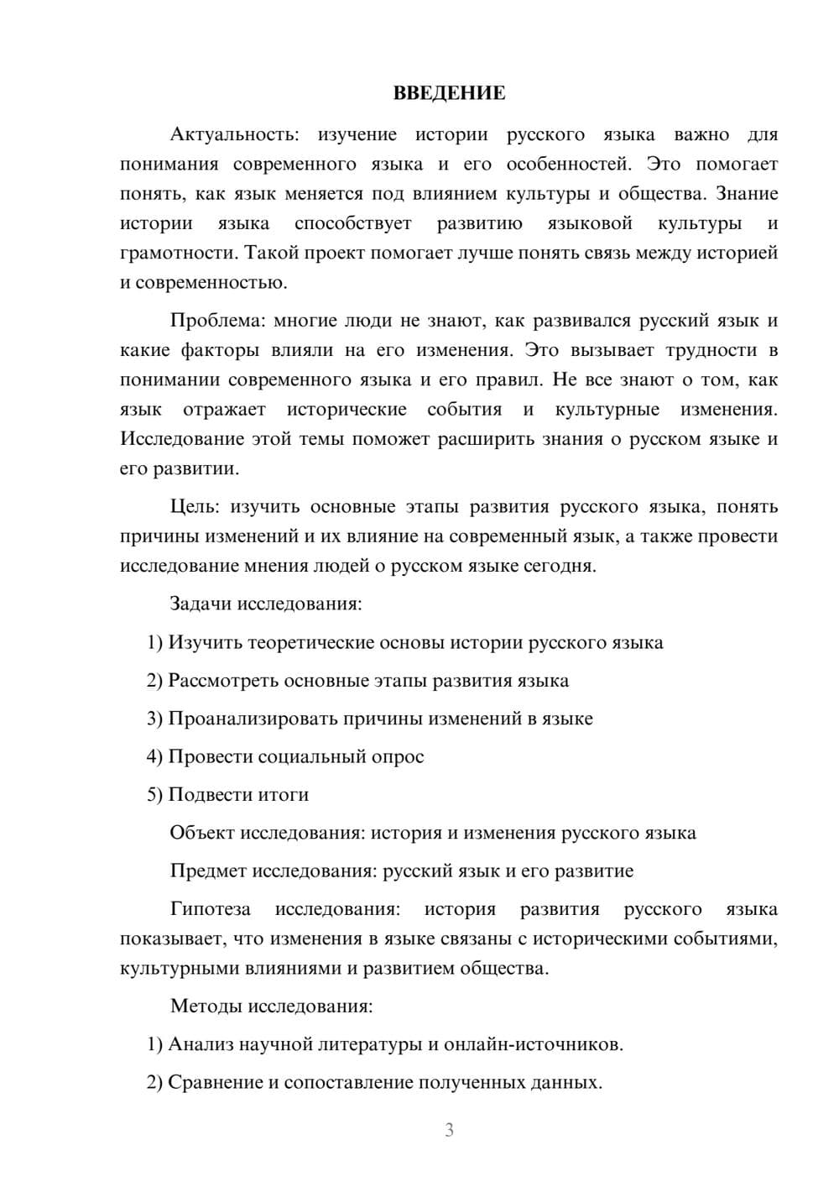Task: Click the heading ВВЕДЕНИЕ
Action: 449,93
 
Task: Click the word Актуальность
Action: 232,134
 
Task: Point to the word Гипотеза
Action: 210,909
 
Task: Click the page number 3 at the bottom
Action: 449,1130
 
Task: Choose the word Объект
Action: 202,833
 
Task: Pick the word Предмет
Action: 208,871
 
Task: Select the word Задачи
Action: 201,604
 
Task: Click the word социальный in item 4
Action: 311,756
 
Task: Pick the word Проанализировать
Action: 253,719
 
